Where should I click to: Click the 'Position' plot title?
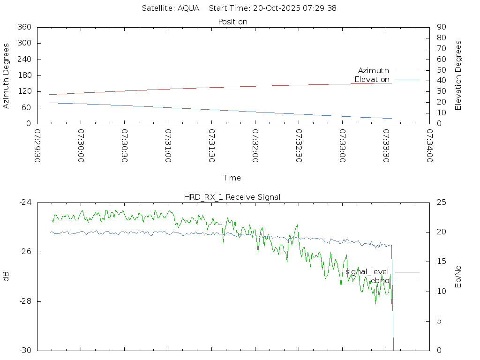pyautogui.click(x=232, y=22)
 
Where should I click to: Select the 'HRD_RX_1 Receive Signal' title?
pyautogui.click(x=232, y=197)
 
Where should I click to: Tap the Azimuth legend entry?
pyautogui.click(x=374, y=70)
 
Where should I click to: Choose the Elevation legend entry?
pyautogui.click(x=372, y=79)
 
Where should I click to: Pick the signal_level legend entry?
pyautogui.click(x=367, y=271)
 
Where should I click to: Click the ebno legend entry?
pyautogui.click(x=380, y=280)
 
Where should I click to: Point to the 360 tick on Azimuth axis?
pyautogui.click(x=24, y=27)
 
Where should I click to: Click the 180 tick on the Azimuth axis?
pyautogui.click(x=24, y=75)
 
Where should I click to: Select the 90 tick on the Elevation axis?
pyautogui.click(x=441, y=27)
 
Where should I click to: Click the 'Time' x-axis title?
pyautogui.click(x=232, y=178)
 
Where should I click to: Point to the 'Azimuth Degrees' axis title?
pyautogui.click(x=6, y=75)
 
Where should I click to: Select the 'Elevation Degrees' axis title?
pyautogui.click(x=458, y=75)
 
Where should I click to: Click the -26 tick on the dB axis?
pyautogui.click(x=24, y=252)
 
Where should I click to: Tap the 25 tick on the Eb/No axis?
pyautogui.click(x=442, y=202)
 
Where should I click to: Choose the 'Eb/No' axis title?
pyautogui.click(x=458, y=276)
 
